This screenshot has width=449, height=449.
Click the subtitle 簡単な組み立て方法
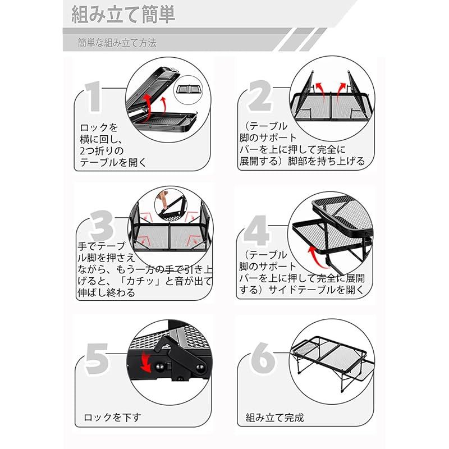pyautogui.click(x=117, y=43)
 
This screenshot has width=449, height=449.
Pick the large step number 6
pyautogui.click(x=260, y=357)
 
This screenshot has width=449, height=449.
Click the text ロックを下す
pyautogui.click(x=112, y=417)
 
